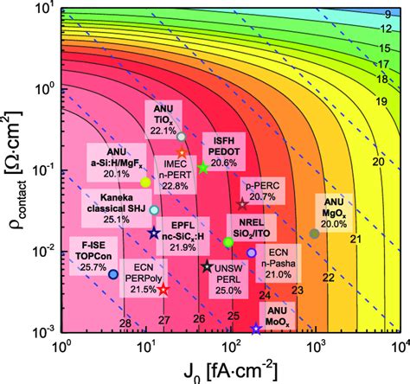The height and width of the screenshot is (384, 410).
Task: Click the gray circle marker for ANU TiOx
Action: [181, 137]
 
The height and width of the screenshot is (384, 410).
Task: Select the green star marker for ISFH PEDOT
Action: [203, 167]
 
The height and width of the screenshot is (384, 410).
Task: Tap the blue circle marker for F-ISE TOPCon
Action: [113, 274]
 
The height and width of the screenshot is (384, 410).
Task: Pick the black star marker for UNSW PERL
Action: [207, 266]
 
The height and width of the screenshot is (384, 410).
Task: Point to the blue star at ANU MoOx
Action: [255, 330]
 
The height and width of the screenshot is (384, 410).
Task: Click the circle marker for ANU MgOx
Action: [314, 234]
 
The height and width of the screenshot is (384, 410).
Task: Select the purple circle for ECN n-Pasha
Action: [252, 253]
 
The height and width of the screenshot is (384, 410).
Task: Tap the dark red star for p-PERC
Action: [243, 204]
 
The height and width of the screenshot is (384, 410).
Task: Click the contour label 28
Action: [125, 323]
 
